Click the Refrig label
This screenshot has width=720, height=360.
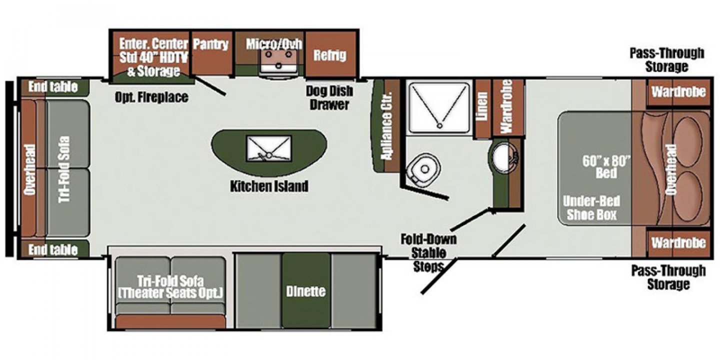(330, 55)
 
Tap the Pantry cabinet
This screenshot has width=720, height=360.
(212, 53)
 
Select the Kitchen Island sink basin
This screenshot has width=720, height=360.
(269, 148)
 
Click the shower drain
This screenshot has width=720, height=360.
(439, 125)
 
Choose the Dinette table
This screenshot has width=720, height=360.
(306, 290)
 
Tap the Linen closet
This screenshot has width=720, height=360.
(483, 108)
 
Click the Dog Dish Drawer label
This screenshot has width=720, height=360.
(329, 97)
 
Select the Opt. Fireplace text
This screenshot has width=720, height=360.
(151, 97)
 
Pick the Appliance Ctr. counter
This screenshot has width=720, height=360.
(386, 125)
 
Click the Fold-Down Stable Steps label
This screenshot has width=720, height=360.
(428, 253)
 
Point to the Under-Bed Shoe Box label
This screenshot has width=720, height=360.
(591, 208)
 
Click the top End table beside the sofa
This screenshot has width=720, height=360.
(54, 87)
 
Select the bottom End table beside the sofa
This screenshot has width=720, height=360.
(54, 249)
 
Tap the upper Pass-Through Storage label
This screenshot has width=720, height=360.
(667, 60)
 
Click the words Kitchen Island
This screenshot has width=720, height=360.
(269, 186)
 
